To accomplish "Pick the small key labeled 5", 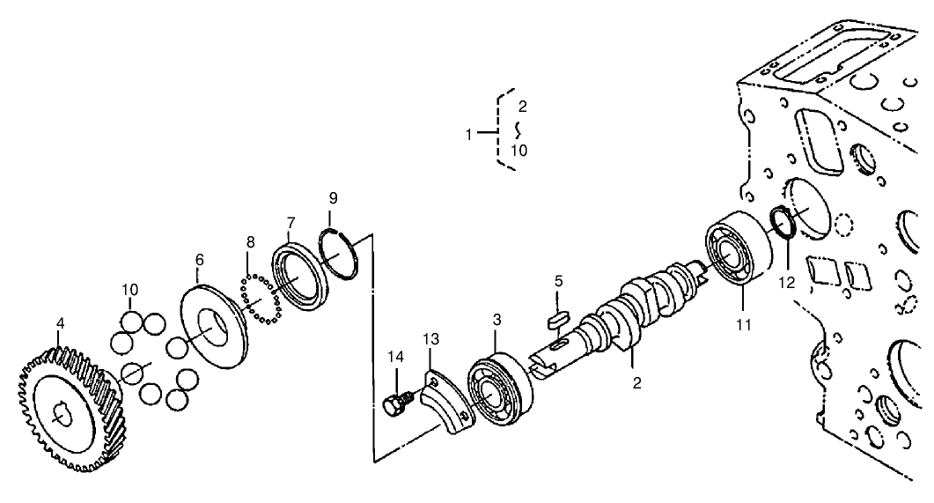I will [560, 315].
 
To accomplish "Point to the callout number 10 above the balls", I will [130, 289].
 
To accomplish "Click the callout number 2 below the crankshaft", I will [636, 383].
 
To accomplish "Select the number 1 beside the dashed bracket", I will [470, 134].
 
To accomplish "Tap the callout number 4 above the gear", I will [60, 323].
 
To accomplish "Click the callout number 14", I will [397, 357].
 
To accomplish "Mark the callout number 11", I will [745, 325].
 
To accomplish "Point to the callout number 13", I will [430, 339].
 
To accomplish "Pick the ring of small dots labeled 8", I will [260, 300].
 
